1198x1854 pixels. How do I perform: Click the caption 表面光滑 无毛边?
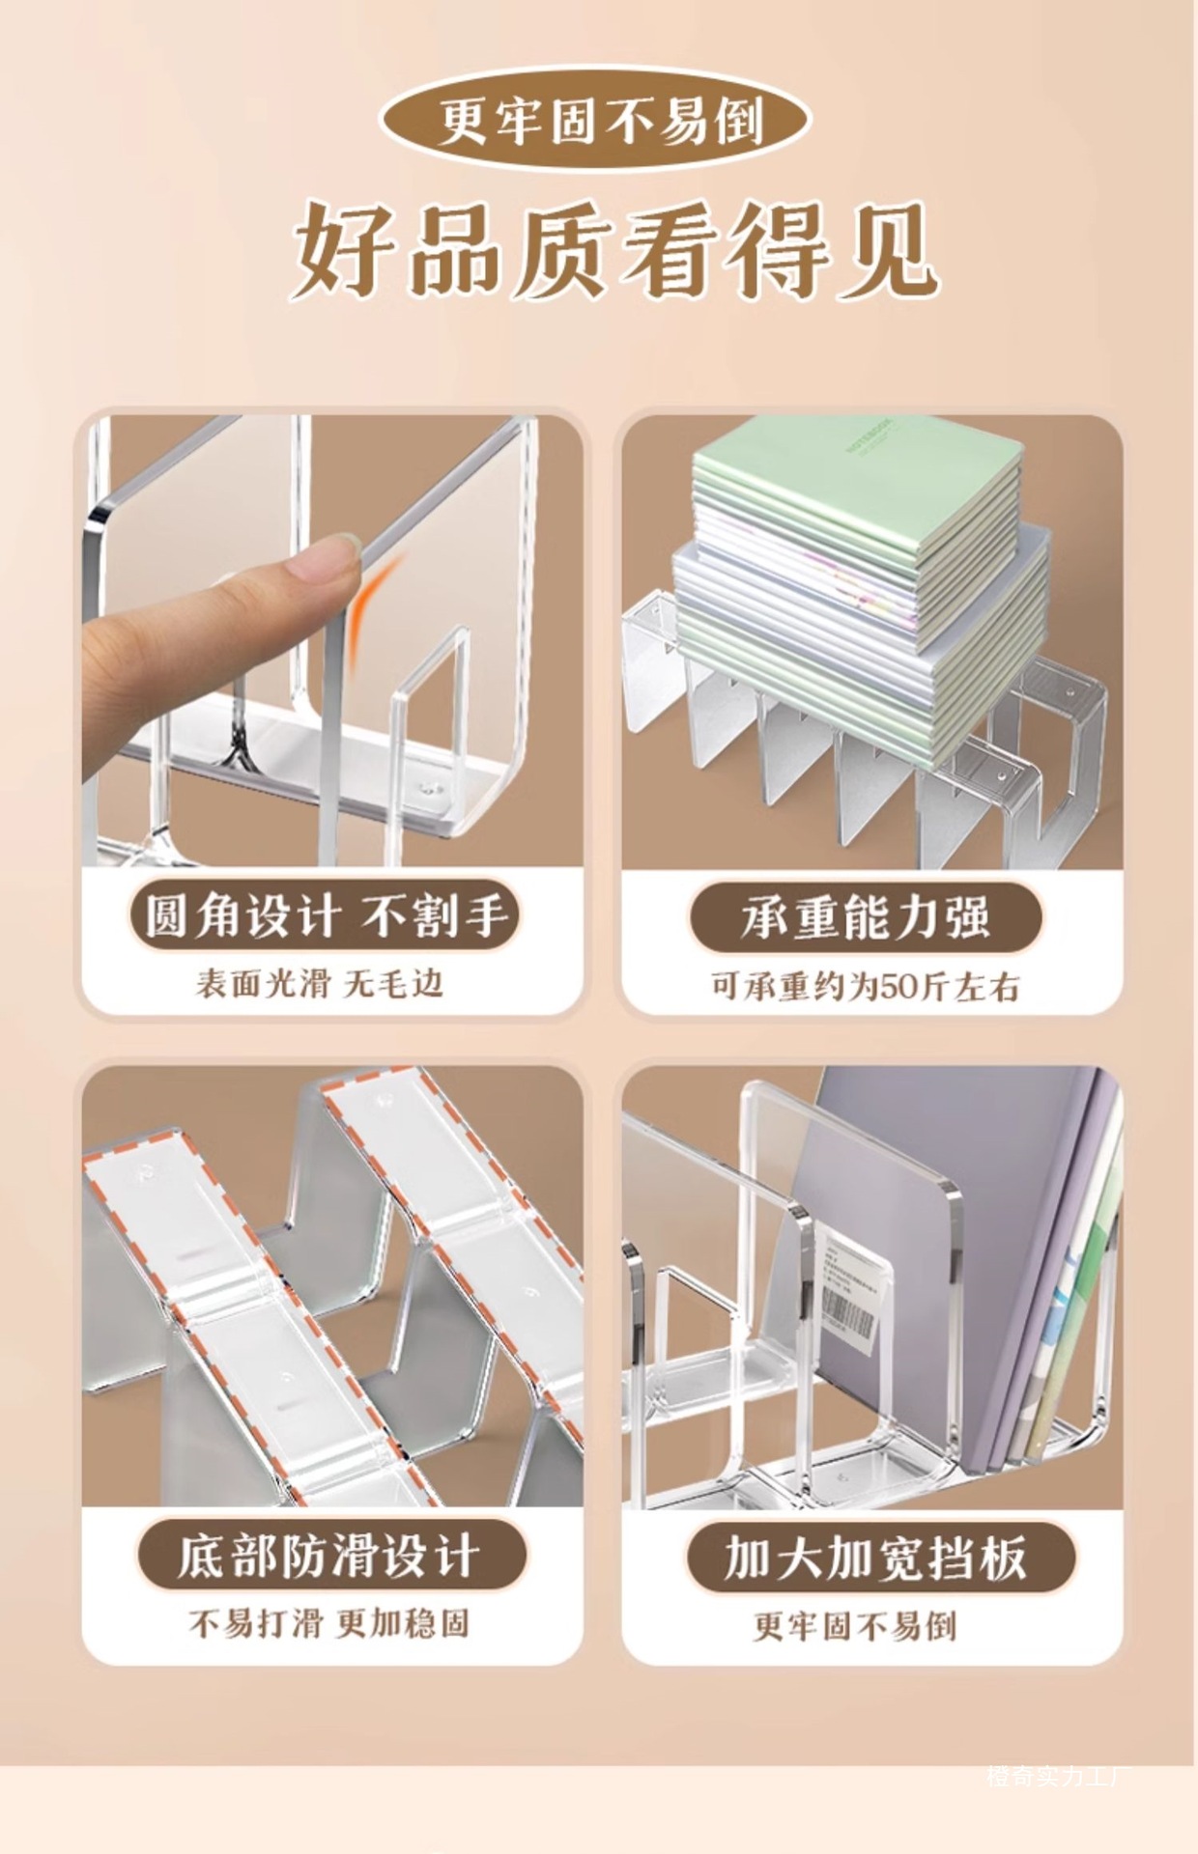click(320, 983)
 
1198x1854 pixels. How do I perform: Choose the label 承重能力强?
click(867, 916)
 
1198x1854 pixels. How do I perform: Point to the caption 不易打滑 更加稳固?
click(328, 1624)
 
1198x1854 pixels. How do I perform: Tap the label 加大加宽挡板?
click(876, 1558)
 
